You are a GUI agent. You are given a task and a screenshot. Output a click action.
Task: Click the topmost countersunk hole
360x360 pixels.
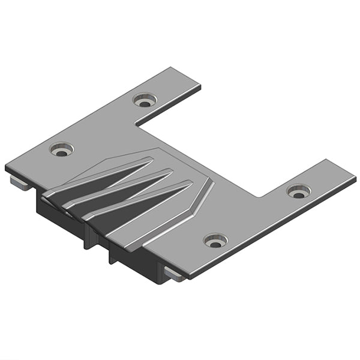point(145,100)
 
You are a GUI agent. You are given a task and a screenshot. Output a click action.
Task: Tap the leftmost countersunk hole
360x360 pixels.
point(61,149)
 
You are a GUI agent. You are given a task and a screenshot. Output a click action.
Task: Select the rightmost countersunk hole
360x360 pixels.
point(298,191)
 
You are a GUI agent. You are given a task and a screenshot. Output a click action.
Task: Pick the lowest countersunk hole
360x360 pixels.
point(215,241)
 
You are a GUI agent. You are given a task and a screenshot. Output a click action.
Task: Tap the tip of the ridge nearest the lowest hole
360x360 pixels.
point(191,183)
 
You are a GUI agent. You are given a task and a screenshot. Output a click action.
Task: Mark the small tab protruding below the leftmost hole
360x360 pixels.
point(19,182)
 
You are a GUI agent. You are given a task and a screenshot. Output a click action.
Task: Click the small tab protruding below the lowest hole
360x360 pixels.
point(173,274)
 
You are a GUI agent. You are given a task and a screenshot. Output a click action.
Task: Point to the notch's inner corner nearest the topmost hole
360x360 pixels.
point(137,125)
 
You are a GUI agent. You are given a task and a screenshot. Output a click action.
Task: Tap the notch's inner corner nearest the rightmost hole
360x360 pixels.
point(260,196)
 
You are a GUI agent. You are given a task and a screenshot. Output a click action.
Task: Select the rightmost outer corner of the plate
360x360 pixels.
point(355,178)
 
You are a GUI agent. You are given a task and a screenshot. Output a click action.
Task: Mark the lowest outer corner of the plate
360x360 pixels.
point(187,277)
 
